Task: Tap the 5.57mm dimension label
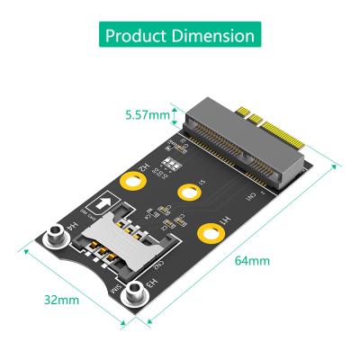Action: click(x=147, y=114)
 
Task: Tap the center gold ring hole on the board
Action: click(x=189, y=192)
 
